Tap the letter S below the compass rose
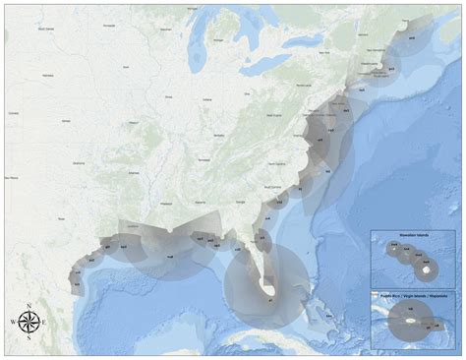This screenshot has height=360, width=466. click(29, 338)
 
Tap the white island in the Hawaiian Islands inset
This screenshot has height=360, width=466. click(427, 267)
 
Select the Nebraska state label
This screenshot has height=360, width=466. click(47, 75)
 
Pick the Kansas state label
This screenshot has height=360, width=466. click(66, 120)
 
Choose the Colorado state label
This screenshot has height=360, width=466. click(14, 113)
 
